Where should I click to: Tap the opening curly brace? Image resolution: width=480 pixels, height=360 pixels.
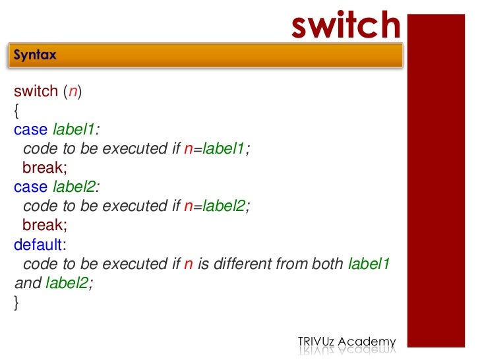[16, 111]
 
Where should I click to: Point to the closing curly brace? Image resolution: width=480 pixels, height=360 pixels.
[16, 303]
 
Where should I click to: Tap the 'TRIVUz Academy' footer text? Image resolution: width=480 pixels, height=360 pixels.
[347, 342]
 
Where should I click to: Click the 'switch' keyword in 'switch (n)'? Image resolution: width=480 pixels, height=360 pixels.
[36, 92]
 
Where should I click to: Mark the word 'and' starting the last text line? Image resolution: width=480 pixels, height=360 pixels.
[28, 284]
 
